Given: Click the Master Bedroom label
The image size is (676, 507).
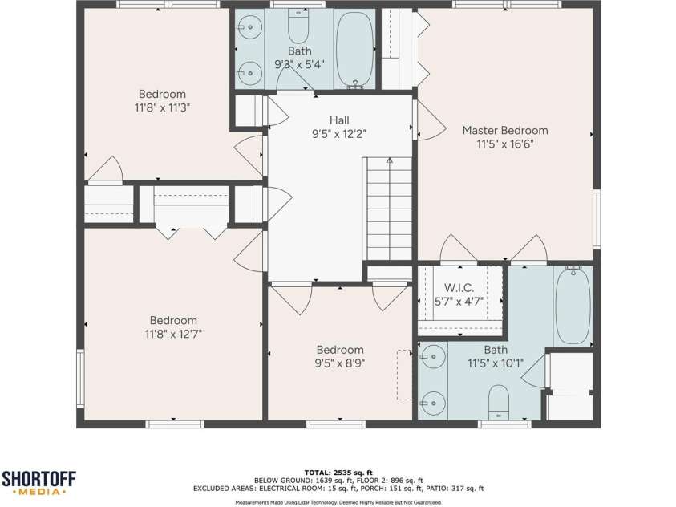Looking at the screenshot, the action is coord(505,130).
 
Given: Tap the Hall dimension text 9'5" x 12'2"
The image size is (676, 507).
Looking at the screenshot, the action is coord(339,134).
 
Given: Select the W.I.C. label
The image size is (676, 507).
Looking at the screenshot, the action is coord(459,287).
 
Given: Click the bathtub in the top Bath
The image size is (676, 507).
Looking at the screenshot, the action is coord(355,50).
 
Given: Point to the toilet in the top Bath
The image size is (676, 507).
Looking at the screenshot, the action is coord(298,26).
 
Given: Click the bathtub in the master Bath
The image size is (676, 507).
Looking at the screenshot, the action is coord(573,306).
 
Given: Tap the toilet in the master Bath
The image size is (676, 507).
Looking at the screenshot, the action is coord(499,402).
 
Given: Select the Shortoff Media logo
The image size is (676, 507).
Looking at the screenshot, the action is coord(39,483).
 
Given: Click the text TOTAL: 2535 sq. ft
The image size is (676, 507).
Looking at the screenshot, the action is coord(338,473).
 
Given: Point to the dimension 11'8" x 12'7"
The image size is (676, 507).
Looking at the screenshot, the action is coord(173,334).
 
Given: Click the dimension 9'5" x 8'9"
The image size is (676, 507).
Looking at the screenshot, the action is coord(340,363).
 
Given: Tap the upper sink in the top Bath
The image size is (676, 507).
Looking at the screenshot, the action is coord(249,27).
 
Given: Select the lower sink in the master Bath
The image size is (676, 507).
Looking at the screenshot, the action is coord(433,404).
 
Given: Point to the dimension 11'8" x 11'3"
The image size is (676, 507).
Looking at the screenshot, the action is coord(163,107).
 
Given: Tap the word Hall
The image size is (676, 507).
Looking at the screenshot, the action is coord(339,120).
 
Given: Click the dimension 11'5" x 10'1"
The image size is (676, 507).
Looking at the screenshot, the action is coord(496,363).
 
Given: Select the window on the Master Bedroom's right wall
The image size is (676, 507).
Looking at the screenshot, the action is coord(597,219).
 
